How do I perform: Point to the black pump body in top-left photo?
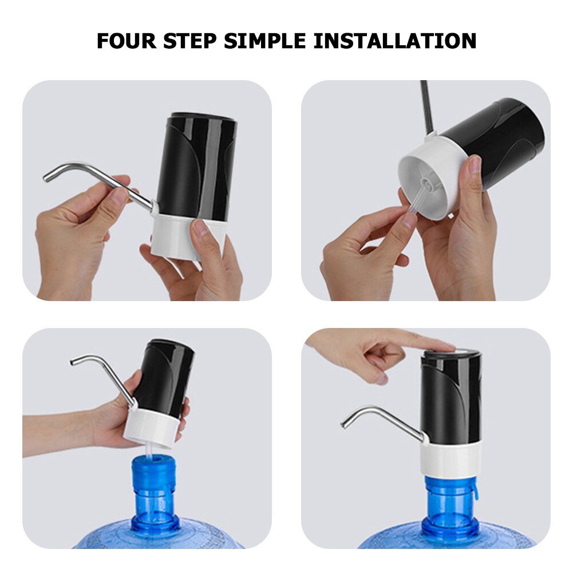(197, 166)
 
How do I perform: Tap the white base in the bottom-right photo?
(449, 458)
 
